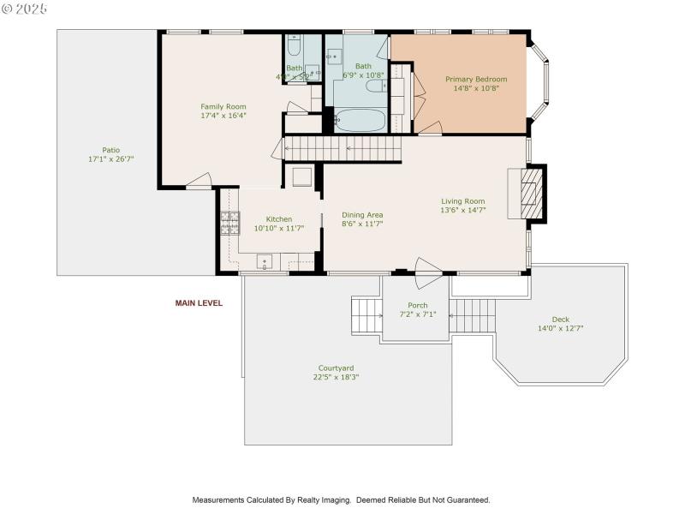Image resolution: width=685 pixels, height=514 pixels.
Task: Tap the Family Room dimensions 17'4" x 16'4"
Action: (x=223, y=116)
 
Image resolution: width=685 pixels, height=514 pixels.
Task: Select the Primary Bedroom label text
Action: (x=475, y=79)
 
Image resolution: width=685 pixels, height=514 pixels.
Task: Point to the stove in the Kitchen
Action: (x=230, y=223)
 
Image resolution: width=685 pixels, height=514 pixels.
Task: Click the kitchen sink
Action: (x=265, y=261)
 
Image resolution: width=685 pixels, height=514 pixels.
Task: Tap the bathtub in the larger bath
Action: (x=360, y=119)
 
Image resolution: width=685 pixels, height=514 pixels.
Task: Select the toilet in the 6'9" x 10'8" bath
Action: (x=376, y=85)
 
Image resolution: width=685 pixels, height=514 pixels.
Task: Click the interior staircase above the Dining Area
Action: (x=342, y=149)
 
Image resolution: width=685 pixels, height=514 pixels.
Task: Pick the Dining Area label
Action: (x=362, y=215)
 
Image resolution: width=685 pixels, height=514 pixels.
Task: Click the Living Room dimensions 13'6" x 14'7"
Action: (x=462, y=210)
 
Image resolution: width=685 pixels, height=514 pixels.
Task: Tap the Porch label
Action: (x=417, y=306)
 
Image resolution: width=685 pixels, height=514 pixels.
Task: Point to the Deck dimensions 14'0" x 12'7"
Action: (x=560, y=328)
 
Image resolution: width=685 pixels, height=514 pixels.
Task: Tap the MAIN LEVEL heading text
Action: (x=199, y=303)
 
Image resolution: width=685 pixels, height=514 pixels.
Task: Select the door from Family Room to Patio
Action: (x=199, y=181)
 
